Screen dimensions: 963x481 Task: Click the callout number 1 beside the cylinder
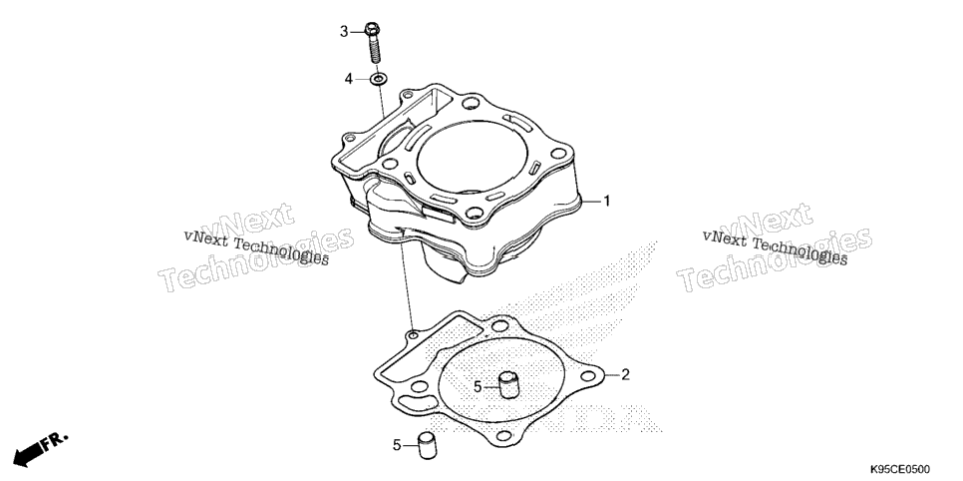(607, 202)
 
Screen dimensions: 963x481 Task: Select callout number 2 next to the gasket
(625, 374)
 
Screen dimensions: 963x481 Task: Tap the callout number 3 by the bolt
(344, 31)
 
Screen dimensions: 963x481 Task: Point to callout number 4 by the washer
(348, 79)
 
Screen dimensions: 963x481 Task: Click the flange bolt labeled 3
(373, 43)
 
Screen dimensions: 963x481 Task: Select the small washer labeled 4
(379, 79)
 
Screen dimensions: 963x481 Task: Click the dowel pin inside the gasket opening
(509, 385)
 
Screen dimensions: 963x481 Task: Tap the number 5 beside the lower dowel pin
(397, 445)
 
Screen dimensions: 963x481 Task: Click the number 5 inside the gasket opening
(478, 387)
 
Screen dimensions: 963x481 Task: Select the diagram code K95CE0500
(900, 469)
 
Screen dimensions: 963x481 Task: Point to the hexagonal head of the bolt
(372, 28)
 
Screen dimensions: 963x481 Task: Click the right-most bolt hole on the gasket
(589, 375)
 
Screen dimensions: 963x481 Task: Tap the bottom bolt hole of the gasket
(503, 436)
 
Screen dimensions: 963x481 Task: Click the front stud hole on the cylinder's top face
(474, 214)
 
